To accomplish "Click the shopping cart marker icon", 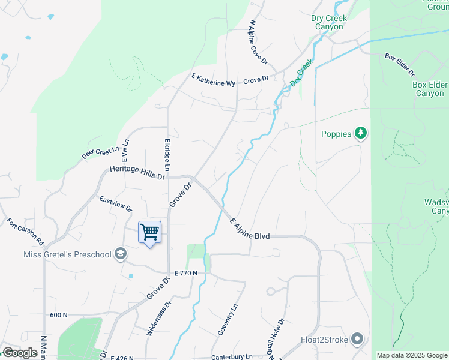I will tap(149, 232).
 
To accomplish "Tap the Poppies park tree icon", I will tap(360, 133).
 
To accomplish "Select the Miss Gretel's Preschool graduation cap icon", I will tap(121, 254).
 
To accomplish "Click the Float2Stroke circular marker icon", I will tap(358, 340).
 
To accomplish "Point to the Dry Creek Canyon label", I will tap(329, 22).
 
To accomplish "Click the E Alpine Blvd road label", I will tap(250, 229).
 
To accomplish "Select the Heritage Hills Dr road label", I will tap(137, 173).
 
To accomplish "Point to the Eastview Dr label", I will tap(116, 203).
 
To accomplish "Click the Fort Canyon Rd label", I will tap(26, 231).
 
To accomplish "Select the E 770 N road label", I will tap(186, 274).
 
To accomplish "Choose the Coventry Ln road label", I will tap(228, 319).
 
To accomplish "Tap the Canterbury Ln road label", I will tap(232, 357).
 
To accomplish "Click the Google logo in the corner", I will tap(20, 353).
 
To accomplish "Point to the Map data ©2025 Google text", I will tap(412, 355).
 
